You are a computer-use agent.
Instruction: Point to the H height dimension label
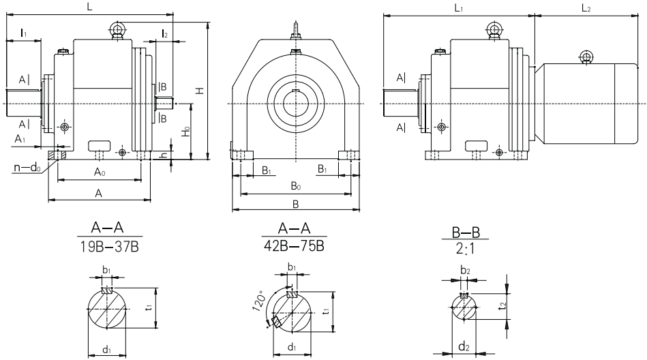[x=199, y=90]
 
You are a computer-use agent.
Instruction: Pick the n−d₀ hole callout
[x=25, y=164]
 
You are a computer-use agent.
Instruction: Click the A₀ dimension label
[x=100, y=173]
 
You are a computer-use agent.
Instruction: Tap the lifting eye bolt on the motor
[x=585, y=56]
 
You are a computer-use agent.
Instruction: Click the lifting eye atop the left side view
[x=115, y=29]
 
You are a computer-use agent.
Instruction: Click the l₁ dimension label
[x=22, y=33]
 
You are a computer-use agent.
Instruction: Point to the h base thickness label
[x=162, y=155]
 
